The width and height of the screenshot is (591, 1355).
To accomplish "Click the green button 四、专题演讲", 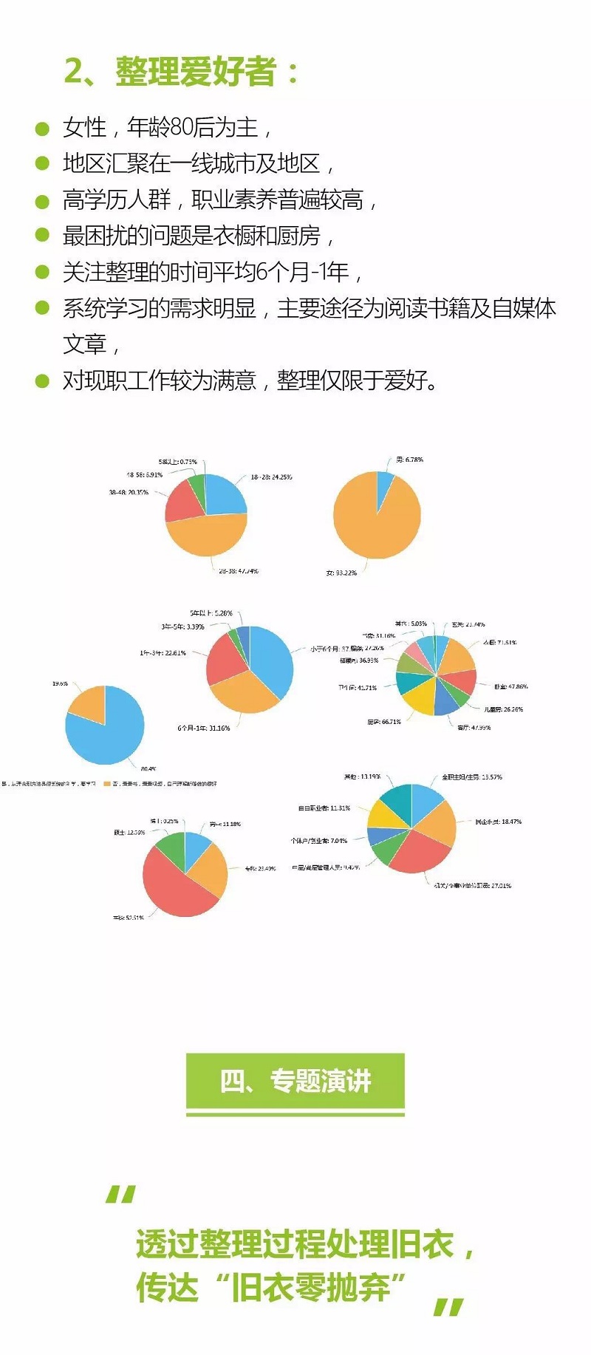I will coord(295,1082).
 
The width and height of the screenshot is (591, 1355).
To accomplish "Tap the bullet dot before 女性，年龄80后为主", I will coord(42,129).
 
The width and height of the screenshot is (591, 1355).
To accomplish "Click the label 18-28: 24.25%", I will coord(270,477).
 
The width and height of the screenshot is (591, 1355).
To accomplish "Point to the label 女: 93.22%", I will coord(341,573).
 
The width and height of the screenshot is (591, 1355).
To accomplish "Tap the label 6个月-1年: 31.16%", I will coord(203,728).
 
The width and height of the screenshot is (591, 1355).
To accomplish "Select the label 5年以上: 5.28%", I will coord(211,613).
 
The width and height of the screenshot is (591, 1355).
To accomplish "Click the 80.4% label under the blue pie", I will coord(148,769).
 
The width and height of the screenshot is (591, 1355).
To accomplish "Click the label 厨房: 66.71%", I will coord(383,722).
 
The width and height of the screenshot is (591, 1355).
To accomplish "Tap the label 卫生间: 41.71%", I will coord(358,688).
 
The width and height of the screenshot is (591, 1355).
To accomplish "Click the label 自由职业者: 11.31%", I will coord(324,808).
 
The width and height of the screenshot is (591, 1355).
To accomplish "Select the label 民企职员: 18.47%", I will coord(498,822).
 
